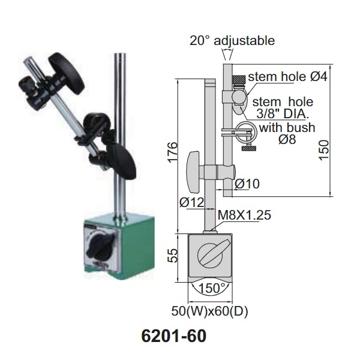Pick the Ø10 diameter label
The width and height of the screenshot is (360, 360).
[x=247, y=184]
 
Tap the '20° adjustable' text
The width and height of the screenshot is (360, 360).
[x=232, y=41]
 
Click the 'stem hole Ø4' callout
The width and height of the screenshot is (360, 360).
[x=279, y=77]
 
